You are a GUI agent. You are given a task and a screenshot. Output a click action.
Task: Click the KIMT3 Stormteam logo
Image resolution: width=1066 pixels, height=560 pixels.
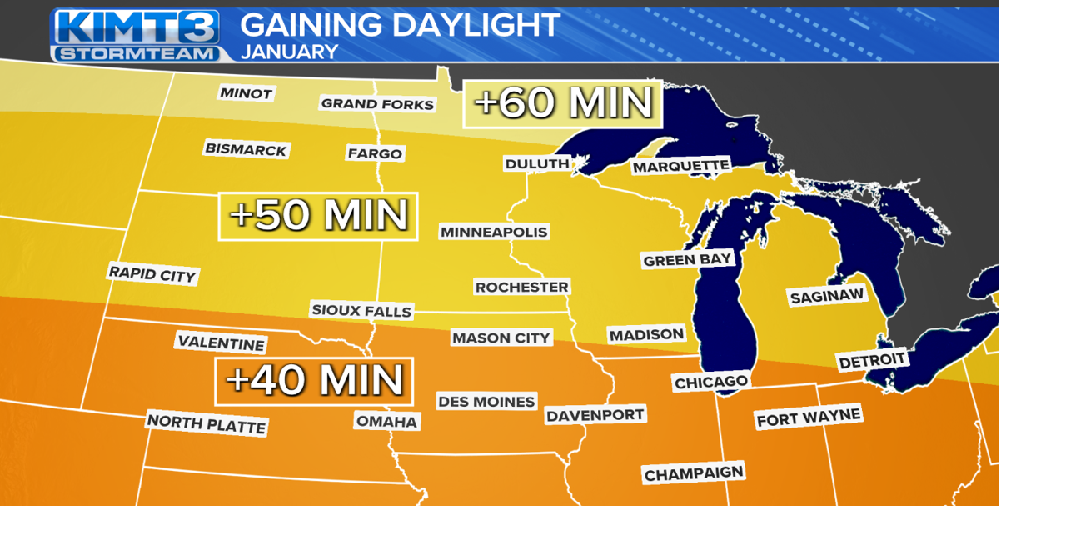click(x=136, y=35)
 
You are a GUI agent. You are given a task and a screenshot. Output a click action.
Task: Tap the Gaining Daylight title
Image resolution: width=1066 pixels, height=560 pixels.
click(x=400, y=25)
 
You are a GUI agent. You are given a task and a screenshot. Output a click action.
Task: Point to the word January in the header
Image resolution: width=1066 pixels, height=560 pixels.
click(x=289, y=52)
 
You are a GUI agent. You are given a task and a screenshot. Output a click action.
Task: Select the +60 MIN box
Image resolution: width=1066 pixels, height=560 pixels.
click(x=563, y=104)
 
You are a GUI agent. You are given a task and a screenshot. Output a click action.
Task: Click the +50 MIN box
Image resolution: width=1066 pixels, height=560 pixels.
click(x=318, y=216)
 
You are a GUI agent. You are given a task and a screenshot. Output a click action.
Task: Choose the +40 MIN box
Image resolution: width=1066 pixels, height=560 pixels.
click(x=315, y=381)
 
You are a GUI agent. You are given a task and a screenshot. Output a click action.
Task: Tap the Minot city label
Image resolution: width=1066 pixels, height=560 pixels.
click(x=246, y=93)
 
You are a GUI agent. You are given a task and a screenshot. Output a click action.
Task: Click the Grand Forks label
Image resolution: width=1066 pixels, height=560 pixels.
click(x=377, y=104)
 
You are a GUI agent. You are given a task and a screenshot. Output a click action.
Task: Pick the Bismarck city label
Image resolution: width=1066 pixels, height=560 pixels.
click(x=246, y=150)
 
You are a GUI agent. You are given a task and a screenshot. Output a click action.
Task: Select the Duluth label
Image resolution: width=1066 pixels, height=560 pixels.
click(x=537, y=163)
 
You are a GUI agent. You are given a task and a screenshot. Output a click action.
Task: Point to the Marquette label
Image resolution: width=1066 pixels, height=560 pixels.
click(x=680, y=167)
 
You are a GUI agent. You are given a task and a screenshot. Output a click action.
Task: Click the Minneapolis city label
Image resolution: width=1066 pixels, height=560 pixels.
click(x=494, y=232)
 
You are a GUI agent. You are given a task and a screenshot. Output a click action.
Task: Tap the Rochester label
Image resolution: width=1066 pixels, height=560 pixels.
click(x=521, y=287)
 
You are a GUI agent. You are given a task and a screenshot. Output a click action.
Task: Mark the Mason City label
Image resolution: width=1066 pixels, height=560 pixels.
click(x=501, y=337)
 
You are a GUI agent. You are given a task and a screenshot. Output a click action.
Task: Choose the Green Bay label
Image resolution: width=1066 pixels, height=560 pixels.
click(x=687, y=260)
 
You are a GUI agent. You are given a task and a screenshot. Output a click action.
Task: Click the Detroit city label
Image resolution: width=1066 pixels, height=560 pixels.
click(x=872, y=361)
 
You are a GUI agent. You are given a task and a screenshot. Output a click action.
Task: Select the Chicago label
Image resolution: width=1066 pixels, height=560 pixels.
click(x=710, y=382)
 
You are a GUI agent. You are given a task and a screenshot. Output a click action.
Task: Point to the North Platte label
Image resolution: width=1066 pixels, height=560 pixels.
click(x=207, y=423)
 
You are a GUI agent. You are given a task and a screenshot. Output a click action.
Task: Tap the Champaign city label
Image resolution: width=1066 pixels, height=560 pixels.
click(x=693, y=473)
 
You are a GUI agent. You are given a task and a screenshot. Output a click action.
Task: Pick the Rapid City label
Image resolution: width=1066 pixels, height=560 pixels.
click(x=152, y=273)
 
